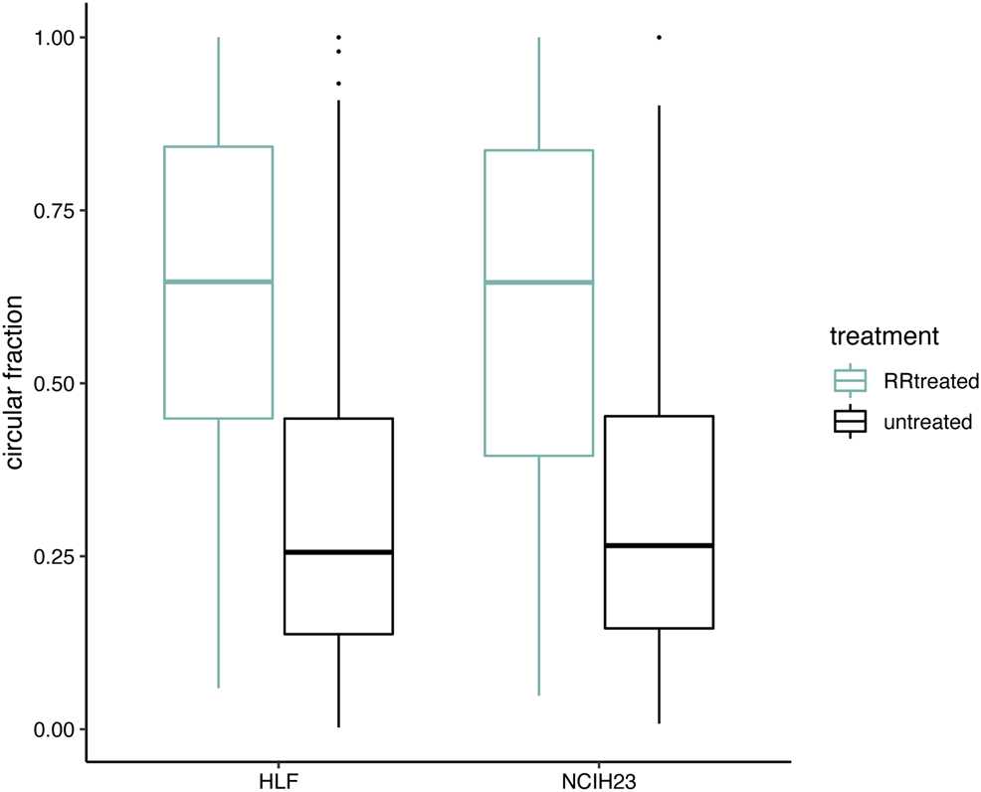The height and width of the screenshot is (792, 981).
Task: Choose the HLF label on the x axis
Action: click(x=279, y=776)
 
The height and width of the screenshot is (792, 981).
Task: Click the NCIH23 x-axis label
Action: click(x=599, y=776)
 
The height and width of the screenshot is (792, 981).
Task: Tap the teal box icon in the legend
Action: click(x=851, y=380)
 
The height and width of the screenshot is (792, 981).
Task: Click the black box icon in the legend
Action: click(x=851, y=422)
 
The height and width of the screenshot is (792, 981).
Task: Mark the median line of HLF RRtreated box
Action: click(x=219, y=282)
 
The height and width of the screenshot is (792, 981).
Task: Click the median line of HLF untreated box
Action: click(x=339, y=552)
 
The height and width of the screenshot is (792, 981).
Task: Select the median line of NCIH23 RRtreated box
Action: click(x=539, y=283)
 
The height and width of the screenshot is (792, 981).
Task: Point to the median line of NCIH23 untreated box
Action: click(x=659, y=545)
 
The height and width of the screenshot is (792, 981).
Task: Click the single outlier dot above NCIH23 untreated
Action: click(x=659, y=38)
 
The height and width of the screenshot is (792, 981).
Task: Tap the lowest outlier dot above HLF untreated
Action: click(x=339, y=84)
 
